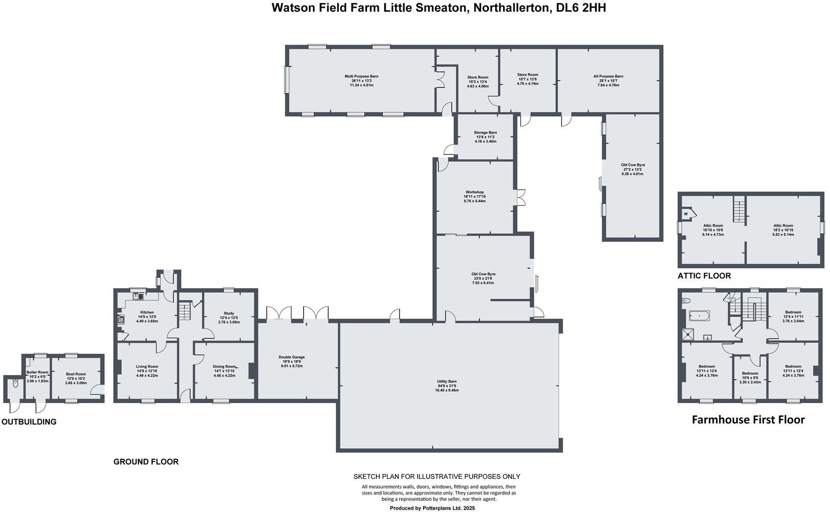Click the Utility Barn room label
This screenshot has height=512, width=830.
pos(447,382)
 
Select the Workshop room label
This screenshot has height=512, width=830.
pos(475,192)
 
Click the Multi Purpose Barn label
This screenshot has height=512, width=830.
pos(361,77)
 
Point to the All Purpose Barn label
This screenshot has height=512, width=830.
pos(608,77)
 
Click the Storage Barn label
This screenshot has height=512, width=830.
pos(485,133)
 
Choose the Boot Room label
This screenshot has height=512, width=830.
pos(76,374)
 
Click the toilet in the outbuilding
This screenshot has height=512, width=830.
pos(15,384)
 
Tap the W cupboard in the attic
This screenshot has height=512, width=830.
pos(686,214)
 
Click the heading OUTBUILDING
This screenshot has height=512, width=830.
pos(29,422)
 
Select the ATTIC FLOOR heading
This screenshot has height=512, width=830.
pos(704,276)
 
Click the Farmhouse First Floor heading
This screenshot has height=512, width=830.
pos(748,420)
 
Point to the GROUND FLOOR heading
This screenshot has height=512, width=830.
pos(146,462)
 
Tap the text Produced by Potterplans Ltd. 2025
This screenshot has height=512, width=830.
pos(432,508)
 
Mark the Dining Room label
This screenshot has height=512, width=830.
pos(224,366)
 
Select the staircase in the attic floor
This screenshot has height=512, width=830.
pos(739,209)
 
